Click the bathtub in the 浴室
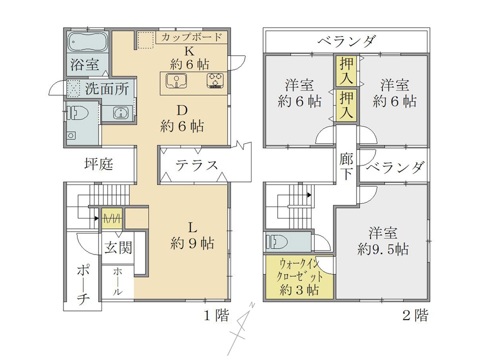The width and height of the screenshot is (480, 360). (88, 42)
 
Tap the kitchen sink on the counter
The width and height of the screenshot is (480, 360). (176, 81)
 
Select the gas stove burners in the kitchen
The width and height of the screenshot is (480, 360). (215, 80)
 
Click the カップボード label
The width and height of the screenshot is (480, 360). (191, 37)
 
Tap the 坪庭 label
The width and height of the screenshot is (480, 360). (98, 164)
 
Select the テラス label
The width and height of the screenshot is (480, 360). (196, 165)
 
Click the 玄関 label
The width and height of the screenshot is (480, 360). (118, 247)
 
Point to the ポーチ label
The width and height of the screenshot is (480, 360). (82, 284)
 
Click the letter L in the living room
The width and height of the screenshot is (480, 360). (192, 227)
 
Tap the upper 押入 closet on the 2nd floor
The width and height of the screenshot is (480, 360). (346, 70)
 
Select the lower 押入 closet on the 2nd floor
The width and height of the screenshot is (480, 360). (346, 105)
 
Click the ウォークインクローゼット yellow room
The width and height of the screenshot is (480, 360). (299, 277)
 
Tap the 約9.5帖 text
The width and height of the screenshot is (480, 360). (383, 249)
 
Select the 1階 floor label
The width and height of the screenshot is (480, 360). (216, 315)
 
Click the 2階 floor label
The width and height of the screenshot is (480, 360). (415, 315)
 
